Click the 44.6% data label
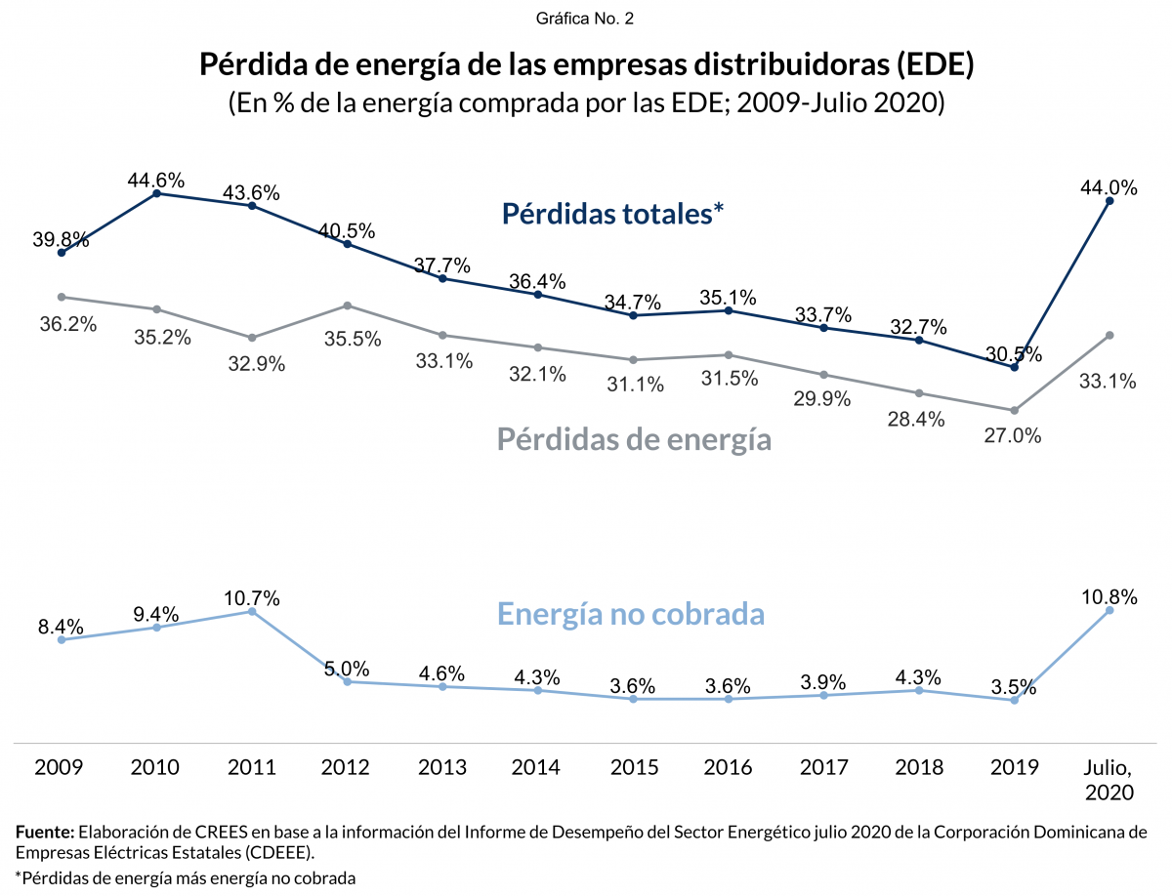pyautogui.click(x=156, y=180)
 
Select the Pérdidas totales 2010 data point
pyautogui.click(x=157, y=194)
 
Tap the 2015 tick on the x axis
pyautogui.click(x=633, y=767)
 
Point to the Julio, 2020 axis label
pyautogui.click(x=1109, y=779)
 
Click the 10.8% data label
pyautogui.click(x=1109, y=596)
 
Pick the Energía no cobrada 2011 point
pyautogui.click(x=252, y=612)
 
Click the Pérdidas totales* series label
pyautogui.click(x=612, y=214)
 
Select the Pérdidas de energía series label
pyautogui.click(x=634, y=439)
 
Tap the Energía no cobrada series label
pyautogui.click(x=631, y=614)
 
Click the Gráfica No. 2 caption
pyautogui.click(x=586, y=19)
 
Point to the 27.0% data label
pyautogui.click(x=1013, y=436)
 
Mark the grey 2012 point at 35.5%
pyautogui.click(x=348, y=305)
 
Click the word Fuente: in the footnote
pyautogui.click(x=45, y=833)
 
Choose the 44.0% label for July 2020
pyautogui.click(x=1109, y=188)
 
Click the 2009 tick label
pyautogui.click(x=60, y=767)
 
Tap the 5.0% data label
pyautogui.click(x=347, y=669)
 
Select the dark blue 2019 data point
pyautogui.click(x=1014, y=367)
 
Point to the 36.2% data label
pyautogui.click(x=67, y=324)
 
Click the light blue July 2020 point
pyautogui.click(x=1109, y=611)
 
